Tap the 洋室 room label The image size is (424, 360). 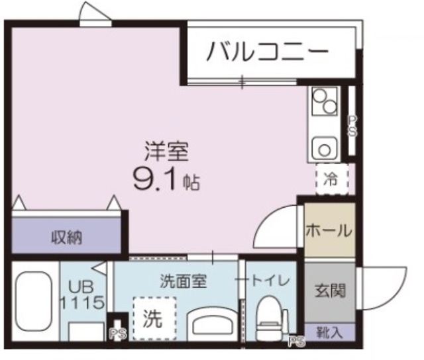pyautogui.click(x=167, y=152)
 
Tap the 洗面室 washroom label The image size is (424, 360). pyautogui.click(x=184, y=281)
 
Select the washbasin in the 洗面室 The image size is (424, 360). pyautogui.click(x=211, y=324)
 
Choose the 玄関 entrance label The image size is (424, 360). pyautogui.click(x=329, y=291)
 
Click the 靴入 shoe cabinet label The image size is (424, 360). pyautogui.click(x=329, y=331)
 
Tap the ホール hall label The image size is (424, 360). pyautogui.click(x=329, y=231)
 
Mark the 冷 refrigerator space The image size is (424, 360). pyautogui.click(x=331, y=178)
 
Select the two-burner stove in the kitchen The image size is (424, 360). pyautogui.click(x=325, y=103)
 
